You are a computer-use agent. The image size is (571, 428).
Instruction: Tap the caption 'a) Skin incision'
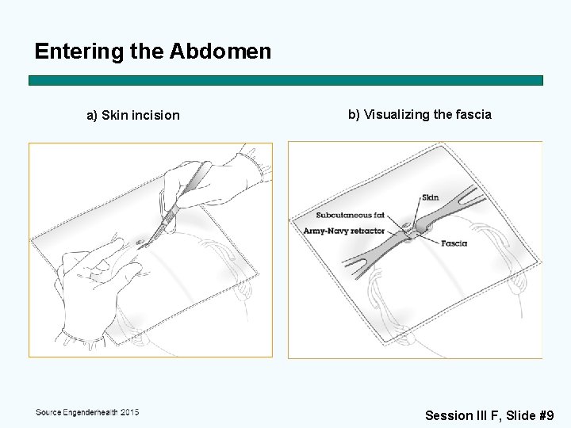[x=132, y=116]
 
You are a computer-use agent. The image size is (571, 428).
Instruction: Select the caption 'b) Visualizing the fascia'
[x=420, y=114]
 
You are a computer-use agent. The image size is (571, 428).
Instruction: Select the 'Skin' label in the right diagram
[x=430, y=197]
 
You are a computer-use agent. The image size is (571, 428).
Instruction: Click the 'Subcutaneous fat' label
[x=350, y=215]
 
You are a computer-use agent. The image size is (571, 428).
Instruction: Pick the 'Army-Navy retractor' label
[x=344, y=231]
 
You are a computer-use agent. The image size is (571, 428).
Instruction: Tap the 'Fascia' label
[x=454, y=243]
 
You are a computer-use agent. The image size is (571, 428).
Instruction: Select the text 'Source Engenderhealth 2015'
[x=87, y=412]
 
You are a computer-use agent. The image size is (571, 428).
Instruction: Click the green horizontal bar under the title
[x=285, y=81]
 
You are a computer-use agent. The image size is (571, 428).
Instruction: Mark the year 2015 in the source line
[x=126, y=412]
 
